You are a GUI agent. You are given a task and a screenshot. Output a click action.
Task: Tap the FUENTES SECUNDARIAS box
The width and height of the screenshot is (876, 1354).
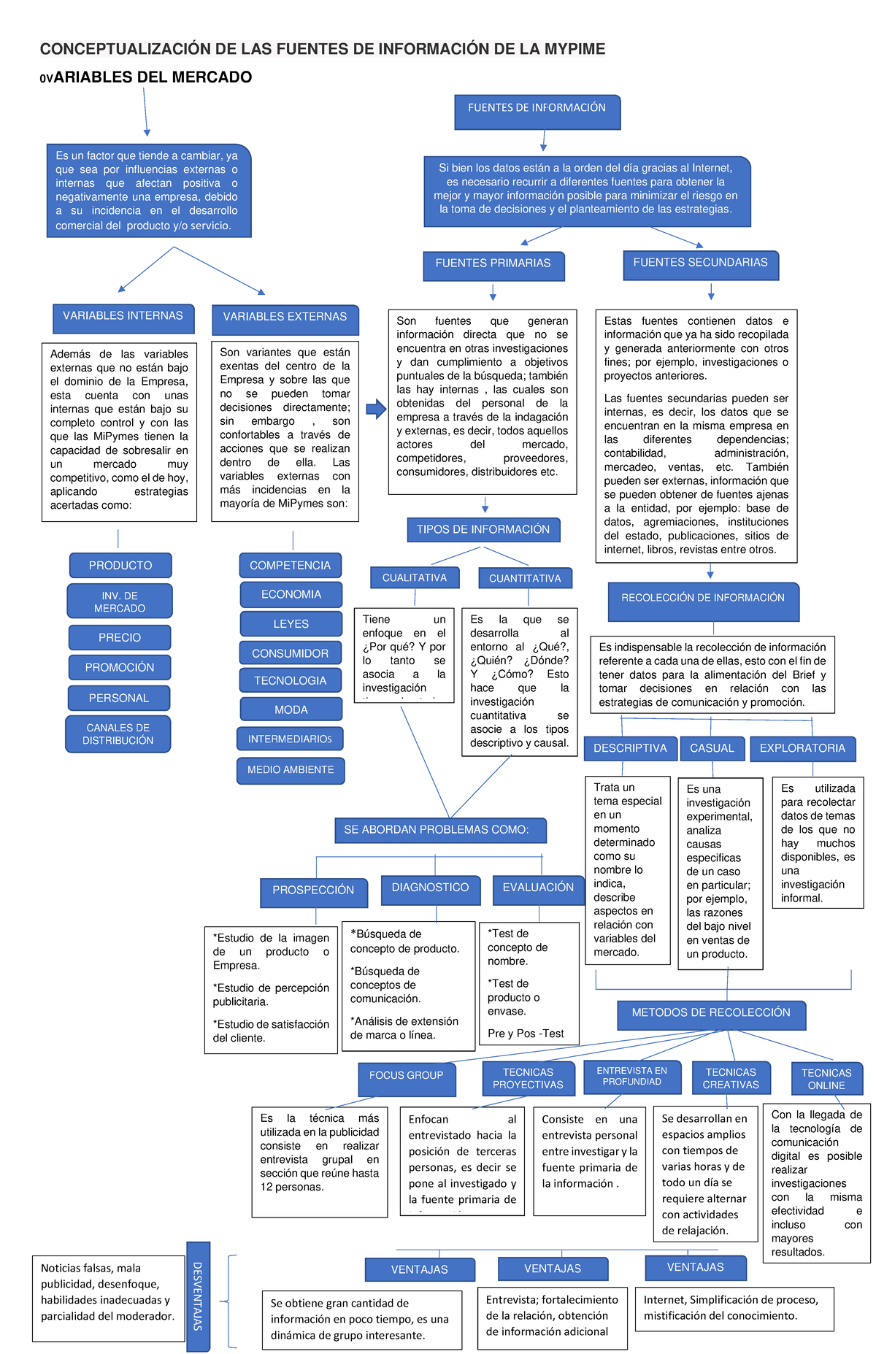(701, 264)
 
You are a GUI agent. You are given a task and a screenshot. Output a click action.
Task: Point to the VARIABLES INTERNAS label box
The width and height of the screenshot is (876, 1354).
(123, 318)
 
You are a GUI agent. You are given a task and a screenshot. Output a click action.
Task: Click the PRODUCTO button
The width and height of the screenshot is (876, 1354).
(120, 566)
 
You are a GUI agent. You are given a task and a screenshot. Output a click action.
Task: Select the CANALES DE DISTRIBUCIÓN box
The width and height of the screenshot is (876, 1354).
(118, 734)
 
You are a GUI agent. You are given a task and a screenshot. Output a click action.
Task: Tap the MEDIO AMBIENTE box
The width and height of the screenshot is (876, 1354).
(291, 770)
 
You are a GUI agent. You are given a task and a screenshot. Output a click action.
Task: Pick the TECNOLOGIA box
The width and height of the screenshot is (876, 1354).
(291, 680)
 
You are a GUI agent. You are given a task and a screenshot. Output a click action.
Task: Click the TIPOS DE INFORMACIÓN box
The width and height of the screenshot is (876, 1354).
(483, 530)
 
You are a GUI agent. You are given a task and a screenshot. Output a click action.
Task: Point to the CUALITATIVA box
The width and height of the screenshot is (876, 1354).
(415, 577)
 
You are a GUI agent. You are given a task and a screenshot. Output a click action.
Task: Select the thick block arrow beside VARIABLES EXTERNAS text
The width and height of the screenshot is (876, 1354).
(376, 409)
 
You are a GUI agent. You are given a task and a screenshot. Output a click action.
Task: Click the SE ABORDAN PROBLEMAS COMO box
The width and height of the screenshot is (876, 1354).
(440, 830)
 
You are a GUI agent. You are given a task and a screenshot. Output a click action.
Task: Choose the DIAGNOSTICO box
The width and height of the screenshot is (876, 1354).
(431, 889)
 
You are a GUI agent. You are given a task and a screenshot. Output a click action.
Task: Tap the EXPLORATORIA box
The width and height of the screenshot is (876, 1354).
(802, 749)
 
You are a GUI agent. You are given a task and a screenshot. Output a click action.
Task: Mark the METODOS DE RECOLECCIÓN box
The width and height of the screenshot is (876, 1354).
(711, 1014)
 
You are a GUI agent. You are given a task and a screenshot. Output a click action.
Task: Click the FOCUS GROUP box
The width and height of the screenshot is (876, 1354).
(407, 1077)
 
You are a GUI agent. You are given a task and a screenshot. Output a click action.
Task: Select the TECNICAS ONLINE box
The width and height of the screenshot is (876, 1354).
(826, 1079)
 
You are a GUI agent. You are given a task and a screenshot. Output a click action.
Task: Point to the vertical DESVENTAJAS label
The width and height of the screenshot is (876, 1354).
(198, 1296)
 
